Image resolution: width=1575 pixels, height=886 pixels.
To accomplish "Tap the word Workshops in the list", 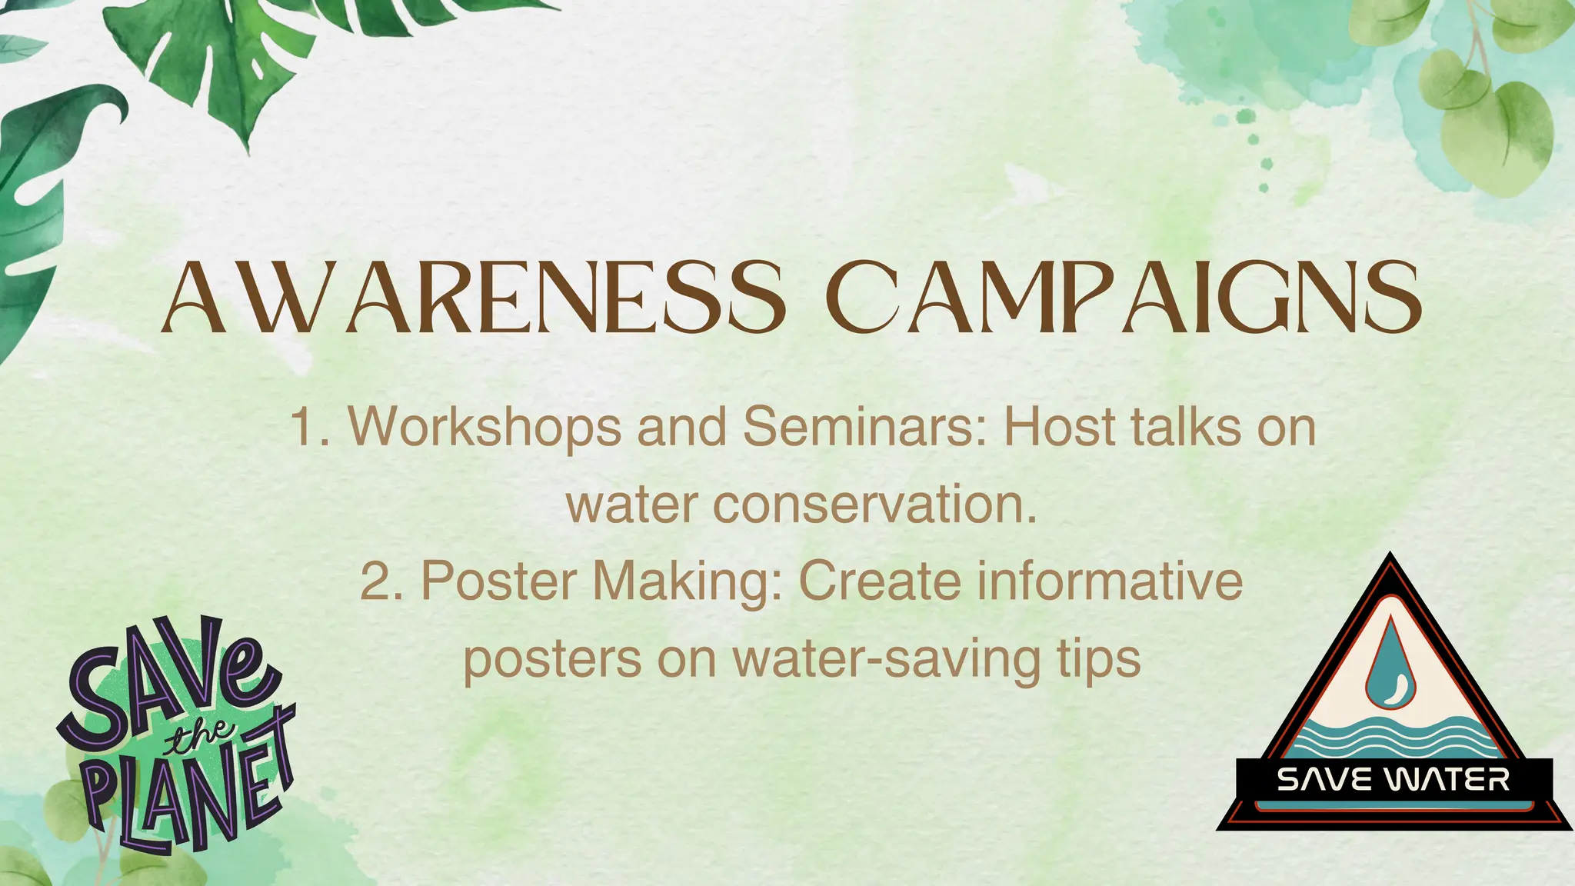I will (x=484, y=428).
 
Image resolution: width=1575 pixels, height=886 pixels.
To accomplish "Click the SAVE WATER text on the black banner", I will (x=1393, y=781).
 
